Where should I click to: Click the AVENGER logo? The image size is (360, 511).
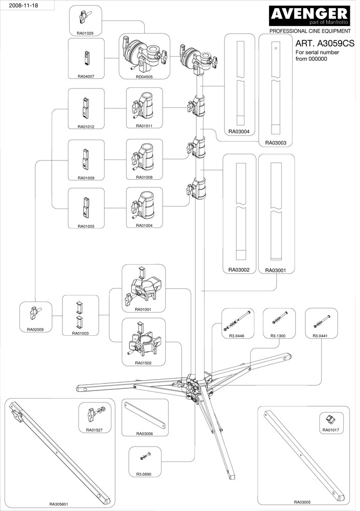[x=310, y=14]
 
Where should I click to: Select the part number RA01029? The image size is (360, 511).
[x=86, y=33]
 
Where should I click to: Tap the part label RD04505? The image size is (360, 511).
[x=144, y=76]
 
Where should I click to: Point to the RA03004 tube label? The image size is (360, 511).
[x=239, y=131]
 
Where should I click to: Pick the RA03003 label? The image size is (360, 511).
[x=276, y=143]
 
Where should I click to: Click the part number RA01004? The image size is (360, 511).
[x=144, y=225]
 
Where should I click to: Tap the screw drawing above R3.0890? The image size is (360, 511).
[x=145, y=456]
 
